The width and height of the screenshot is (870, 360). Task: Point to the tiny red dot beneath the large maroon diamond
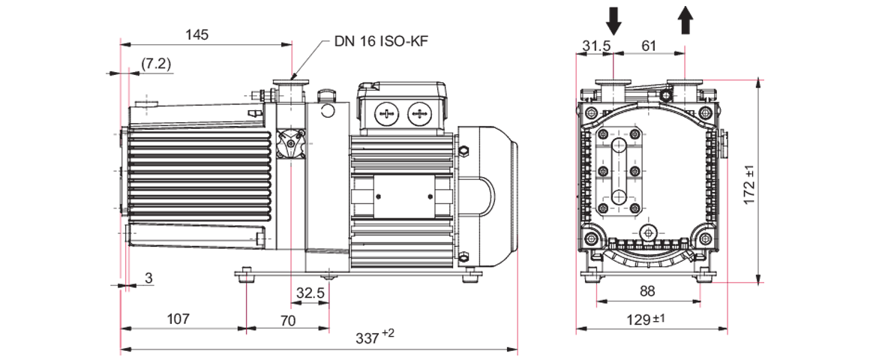pos(244,337)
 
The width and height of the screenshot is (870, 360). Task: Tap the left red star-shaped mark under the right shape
pos(596,300)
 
